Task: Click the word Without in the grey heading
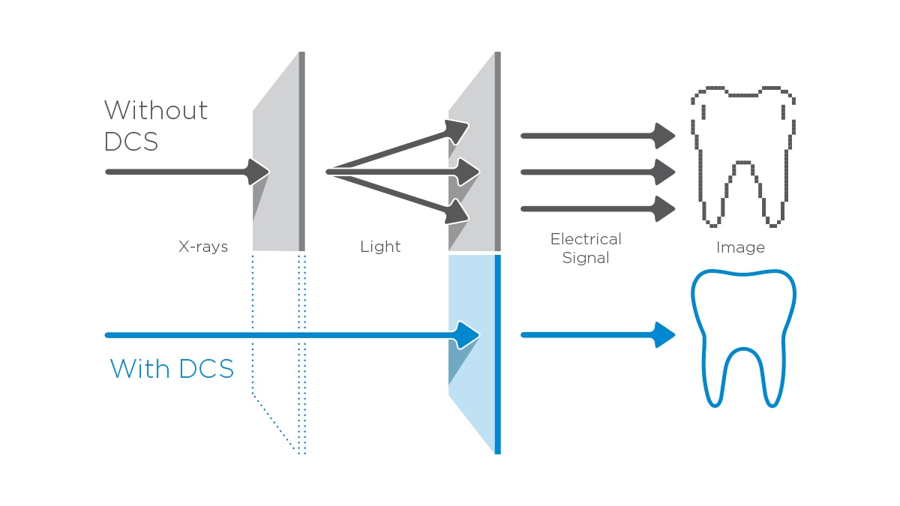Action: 156,111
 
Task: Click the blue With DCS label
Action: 172,369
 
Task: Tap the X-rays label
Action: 203,247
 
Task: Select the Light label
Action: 380,247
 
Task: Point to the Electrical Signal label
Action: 586,248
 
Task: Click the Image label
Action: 740,247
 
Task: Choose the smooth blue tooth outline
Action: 742,337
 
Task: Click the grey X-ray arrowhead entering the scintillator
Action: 258,172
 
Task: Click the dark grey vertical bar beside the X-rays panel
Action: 301,150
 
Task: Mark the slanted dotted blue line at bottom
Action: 274,423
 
